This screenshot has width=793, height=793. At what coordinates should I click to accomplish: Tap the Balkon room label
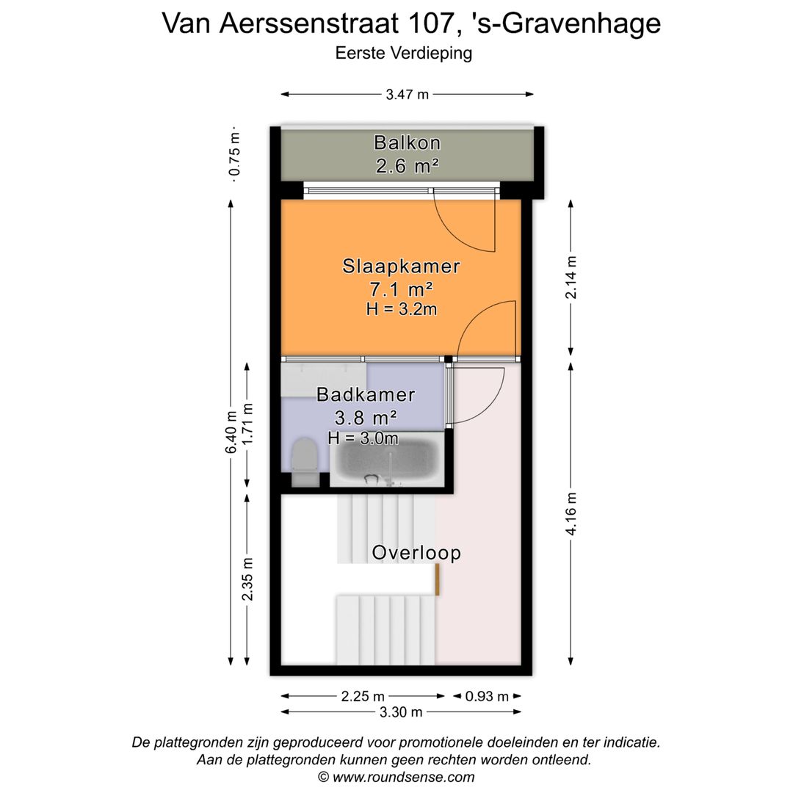[407, 142]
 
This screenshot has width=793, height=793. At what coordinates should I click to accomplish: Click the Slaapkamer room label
[401, 266]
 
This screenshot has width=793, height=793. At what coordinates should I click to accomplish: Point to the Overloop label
[416, 552]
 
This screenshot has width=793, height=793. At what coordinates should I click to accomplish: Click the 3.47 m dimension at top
[407, 94]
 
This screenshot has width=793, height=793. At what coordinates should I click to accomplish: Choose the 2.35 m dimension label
[248, 579]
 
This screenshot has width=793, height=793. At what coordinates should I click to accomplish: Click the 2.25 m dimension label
[363, 696]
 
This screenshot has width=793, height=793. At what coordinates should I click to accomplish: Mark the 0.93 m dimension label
[486, 696]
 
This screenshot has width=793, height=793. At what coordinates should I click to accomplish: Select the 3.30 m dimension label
[401, 711]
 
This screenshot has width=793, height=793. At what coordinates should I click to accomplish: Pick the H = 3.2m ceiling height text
[401, 309]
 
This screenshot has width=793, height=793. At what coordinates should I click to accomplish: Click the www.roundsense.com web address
[403, 777]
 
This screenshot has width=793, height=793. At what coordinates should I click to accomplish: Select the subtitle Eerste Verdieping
[403, 53]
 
